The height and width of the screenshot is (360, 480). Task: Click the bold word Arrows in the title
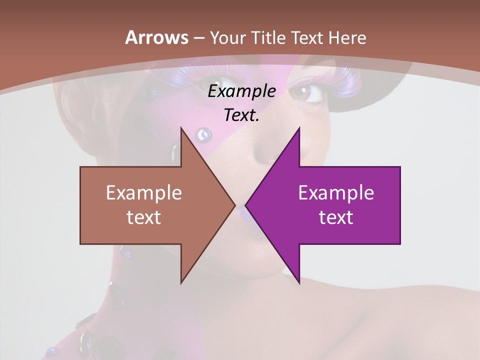[x=156, y=37]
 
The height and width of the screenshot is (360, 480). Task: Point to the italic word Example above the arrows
[x=241, y=91]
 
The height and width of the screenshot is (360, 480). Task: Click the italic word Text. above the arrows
[x=241, y=115]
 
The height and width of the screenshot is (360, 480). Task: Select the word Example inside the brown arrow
[x=144, y=193]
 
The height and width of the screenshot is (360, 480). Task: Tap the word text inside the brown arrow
[x=144, y=217]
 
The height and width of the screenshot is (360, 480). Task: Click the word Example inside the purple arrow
[x=336, y=193]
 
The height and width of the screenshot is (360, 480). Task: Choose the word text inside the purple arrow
[x=336, y=217]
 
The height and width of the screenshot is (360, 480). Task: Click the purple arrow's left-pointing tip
[x=246, y=205]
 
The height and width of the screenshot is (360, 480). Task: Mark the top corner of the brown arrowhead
[x=181, y=128]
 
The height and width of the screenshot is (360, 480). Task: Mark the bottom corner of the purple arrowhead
[x=299, y=283]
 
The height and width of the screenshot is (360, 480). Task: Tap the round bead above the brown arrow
[x=203, y=134]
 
